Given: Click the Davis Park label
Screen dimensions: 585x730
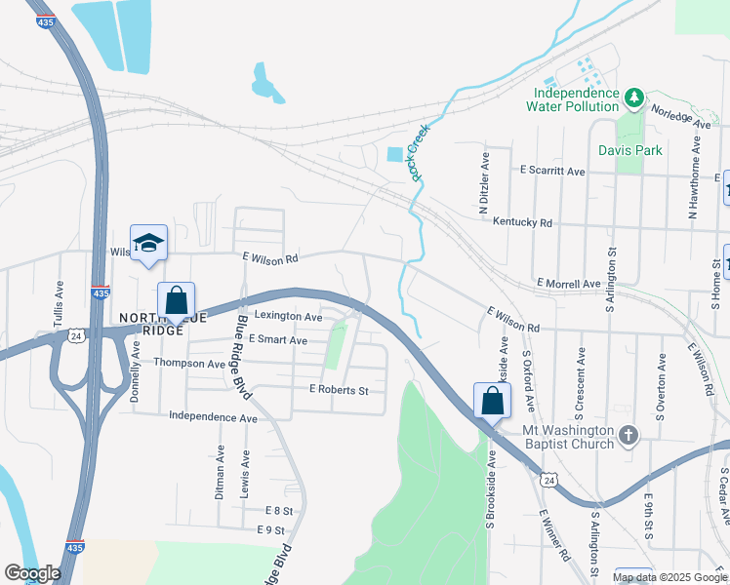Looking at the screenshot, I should [x=630, y=150].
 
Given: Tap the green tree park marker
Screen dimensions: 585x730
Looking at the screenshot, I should [x=634, y=97].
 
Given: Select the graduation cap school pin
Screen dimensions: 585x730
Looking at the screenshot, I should [x=148, y=243].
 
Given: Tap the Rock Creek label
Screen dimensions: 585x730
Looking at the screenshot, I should [x=421, y=157].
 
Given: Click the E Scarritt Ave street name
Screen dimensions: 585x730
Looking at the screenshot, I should [x=552, y=171].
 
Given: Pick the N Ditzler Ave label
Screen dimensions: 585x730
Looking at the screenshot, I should [x=483, y=182].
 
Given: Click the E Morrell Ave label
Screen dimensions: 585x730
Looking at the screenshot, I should [x=570, y=284].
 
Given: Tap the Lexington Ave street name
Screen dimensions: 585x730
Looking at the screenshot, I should [x=288, y=317].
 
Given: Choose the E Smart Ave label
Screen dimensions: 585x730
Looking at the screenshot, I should [x=278, y=340].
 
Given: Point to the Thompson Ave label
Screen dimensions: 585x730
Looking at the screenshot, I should [x=189, y=364].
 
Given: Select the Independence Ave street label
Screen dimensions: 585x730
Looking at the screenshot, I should [x=213, y=417].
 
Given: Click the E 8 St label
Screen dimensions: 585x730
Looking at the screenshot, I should [x=278, y=510].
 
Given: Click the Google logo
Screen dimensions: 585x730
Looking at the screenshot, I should [x=33, y=573].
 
